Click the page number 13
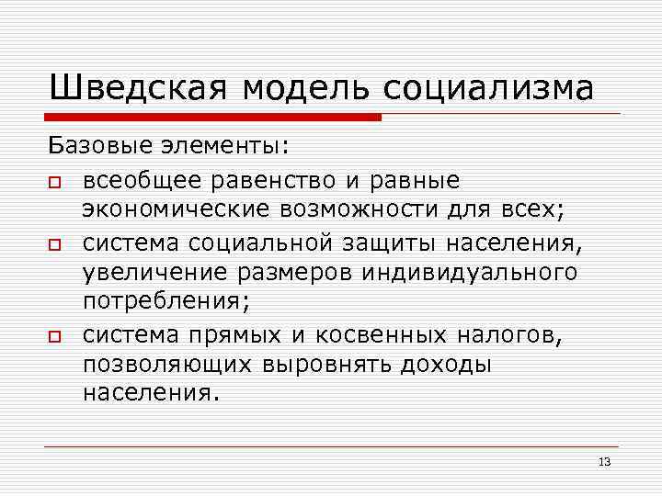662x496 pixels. click(604, 461)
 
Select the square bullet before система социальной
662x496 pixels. click(56, 245)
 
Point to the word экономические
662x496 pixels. click(176, 209)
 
